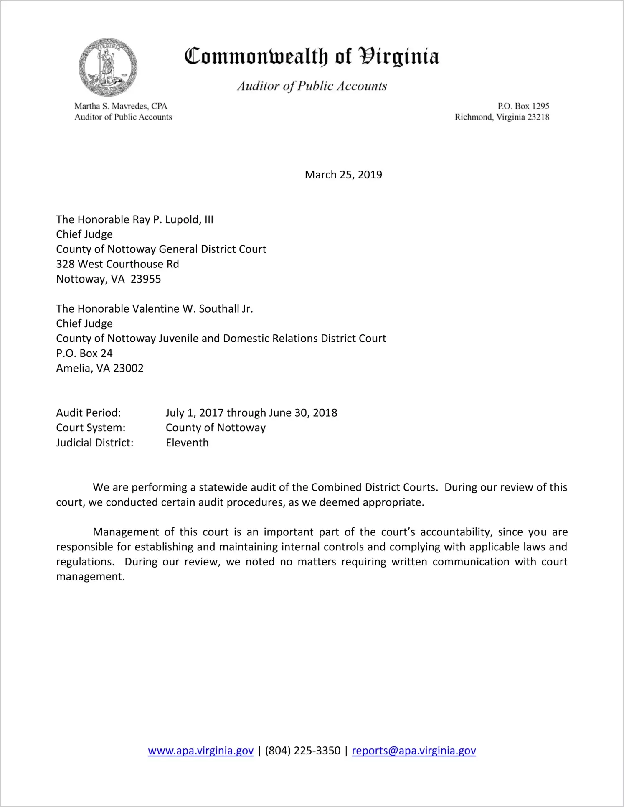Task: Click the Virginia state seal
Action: click(108, 67)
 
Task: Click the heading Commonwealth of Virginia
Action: click(312, 56)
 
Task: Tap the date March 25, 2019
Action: click(343, 175)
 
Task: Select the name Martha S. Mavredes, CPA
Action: click(121, 106)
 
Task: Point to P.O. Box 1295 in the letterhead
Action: click(523, 106)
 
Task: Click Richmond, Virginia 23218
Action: click(502, 117)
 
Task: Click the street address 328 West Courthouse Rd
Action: click(117, 264)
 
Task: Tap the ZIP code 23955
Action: click(146, 279)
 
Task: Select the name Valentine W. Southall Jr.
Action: click(193, 309)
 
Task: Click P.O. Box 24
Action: click(84, 354)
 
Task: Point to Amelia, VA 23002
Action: click(100, 368)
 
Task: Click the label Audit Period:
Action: click(89, 413)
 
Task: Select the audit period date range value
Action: click(251, 413)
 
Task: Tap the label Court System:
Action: click(91, 428)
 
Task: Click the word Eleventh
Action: click(187, 443)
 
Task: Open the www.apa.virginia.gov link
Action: click(200, 751)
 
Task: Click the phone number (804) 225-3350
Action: click(302, 751)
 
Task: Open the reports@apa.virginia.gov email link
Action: click(413, 751)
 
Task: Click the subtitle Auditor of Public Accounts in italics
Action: click(312, 86)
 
